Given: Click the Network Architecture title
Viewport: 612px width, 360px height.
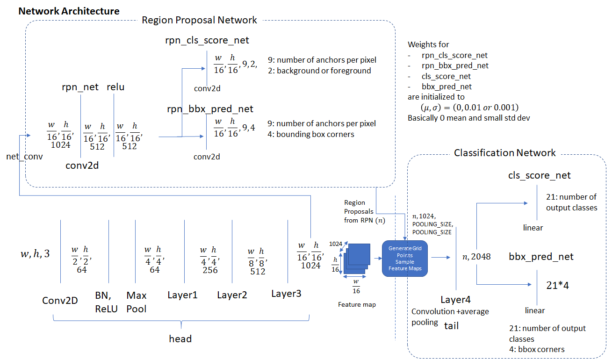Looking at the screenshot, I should [69, 11].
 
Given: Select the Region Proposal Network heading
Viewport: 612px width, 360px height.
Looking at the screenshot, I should [199, 20].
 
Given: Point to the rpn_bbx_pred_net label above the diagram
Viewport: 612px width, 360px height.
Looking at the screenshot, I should [210, 109].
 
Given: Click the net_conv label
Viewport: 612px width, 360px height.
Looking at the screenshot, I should [24, 157].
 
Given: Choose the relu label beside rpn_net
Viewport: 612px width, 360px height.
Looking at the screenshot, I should [115, 86].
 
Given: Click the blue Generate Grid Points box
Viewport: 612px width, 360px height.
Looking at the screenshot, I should [405, 259].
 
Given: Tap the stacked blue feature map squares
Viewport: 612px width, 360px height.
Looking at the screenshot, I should [356, 260].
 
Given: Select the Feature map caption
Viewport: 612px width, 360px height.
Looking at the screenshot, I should [357, 305].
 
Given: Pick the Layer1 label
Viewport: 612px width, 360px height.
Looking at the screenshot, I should [182, 295].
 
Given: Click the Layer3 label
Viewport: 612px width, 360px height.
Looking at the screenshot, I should [286, 294].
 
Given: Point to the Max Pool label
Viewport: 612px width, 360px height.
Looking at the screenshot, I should [136, 302].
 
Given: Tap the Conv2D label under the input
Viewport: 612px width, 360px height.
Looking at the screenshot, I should [60, 300].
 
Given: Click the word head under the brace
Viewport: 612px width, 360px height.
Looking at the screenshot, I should [180, 338].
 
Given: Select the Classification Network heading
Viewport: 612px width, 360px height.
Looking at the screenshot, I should [505, 153].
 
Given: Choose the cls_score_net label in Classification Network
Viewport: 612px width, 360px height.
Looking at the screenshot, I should [540, 176].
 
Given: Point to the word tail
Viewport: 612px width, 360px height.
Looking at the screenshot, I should [451, 326].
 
